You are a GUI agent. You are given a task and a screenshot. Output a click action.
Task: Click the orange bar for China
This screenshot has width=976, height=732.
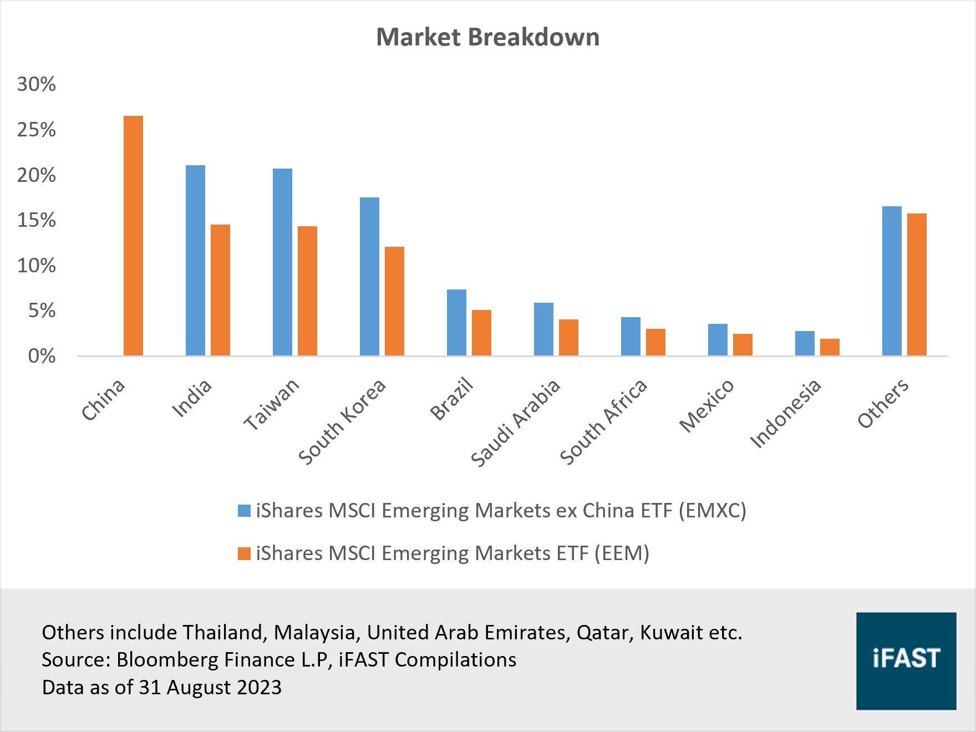133,236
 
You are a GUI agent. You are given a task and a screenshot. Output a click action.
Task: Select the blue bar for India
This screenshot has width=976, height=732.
195,261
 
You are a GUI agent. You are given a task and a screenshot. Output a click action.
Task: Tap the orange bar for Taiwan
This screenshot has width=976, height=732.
307,291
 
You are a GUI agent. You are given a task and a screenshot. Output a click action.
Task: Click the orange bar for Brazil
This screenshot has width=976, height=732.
481,333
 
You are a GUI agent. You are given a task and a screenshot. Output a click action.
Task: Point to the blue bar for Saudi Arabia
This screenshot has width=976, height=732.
543,329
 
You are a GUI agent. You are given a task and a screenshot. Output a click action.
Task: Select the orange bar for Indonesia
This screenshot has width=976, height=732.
830,347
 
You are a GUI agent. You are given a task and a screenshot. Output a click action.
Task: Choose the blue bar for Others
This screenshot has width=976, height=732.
892,281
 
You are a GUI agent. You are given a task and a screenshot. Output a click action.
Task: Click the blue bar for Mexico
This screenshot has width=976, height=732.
718,339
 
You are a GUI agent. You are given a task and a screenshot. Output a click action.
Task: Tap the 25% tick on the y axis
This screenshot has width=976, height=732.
37,130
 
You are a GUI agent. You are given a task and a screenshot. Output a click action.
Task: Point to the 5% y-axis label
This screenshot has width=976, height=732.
42,311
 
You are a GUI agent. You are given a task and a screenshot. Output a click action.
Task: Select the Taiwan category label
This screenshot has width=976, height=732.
272,405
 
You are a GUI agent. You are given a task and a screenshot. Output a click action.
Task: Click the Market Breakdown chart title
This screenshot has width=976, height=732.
487,38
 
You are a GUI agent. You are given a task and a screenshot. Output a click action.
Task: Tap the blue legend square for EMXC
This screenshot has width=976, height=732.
244,511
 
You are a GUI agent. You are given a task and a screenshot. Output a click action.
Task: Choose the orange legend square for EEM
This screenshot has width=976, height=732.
244,553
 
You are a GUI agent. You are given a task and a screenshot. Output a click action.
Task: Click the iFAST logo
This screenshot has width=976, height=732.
906,660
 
